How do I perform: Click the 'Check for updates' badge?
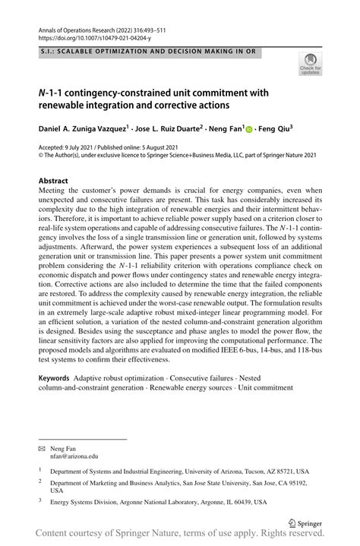(x=310, y=64)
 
